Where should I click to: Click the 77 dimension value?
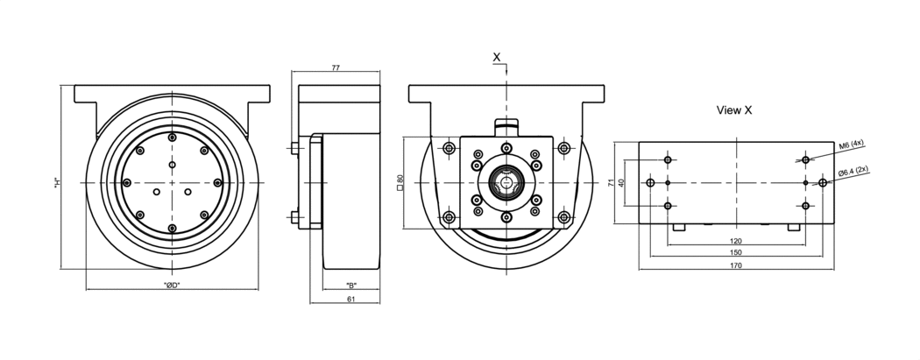336,68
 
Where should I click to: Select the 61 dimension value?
350,299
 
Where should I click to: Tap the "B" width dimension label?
350,286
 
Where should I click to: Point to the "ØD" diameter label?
172,286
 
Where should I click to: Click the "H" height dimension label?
56,183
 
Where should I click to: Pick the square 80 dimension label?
400,182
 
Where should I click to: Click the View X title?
734,109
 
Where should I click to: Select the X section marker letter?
497,57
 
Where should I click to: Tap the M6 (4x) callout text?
852,145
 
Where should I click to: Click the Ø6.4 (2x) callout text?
853,171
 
